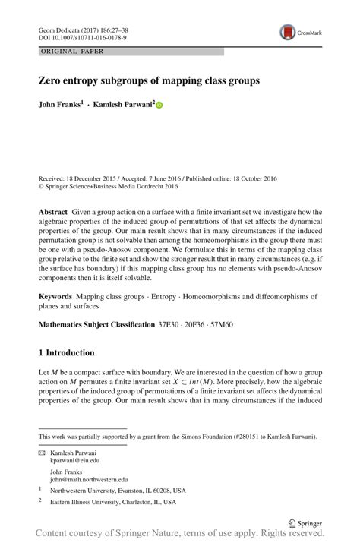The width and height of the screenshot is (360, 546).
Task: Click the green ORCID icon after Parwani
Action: (159, 106)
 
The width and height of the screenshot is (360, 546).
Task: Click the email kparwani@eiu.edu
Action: (75, 460)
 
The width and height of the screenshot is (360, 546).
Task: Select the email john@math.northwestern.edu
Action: (89, 480)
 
